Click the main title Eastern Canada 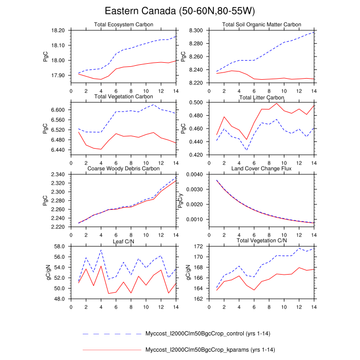[180, 11]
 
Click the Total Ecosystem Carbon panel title [123, 25]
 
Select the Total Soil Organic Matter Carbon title [261, 25]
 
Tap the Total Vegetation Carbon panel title [123, 96]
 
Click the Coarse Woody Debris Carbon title [123, 168]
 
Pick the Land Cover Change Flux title [261, 168]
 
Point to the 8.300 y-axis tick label [196, 31]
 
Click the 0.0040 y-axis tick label [194, 175]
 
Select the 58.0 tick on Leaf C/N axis [60, 247]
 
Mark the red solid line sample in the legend [112, 350]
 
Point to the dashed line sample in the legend [112, 334]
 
